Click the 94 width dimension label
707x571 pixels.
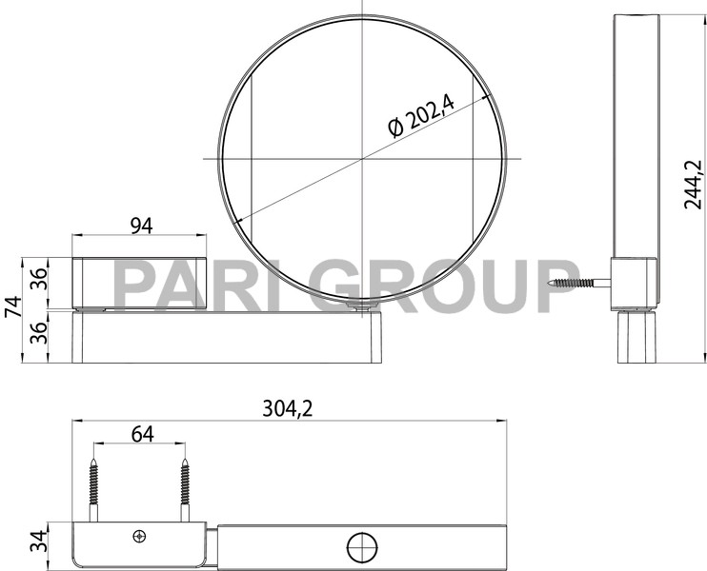pyautogui.click(x=140, y=225)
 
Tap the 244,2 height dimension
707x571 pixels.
pyautogui.click(x=693, y=184)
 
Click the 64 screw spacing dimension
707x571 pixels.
pyautogui.click(x=141, y=433)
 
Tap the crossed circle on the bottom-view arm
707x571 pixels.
pyautogui.click(x=361, y=546)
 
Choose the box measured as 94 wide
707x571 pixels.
pyautogui.click(x=140, y=283)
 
